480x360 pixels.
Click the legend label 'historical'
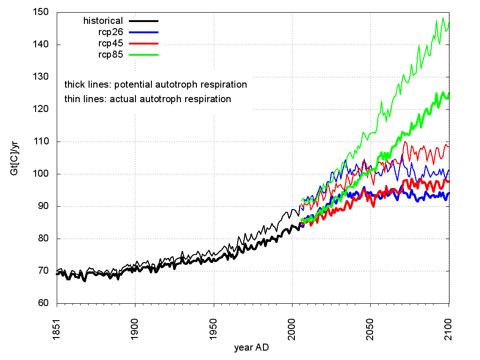pyautogui.click(x=103, y=21)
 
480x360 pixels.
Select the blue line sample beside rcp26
pyautogui.click(x=144, y=32)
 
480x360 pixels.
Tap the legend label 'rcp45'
pyautogui.click(x=108, y=43)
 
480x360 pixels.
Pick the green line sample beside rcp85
pyautogui.click(x=144, y=54)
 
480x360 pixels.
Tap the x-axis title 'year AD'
pyautogui.click(x=252, y=348)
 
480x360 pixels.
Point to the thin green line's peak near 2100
pyautogui.click(x=443, y=18)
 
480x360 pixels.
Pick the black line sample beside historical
pyautogui.click(x=144, y=21)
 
